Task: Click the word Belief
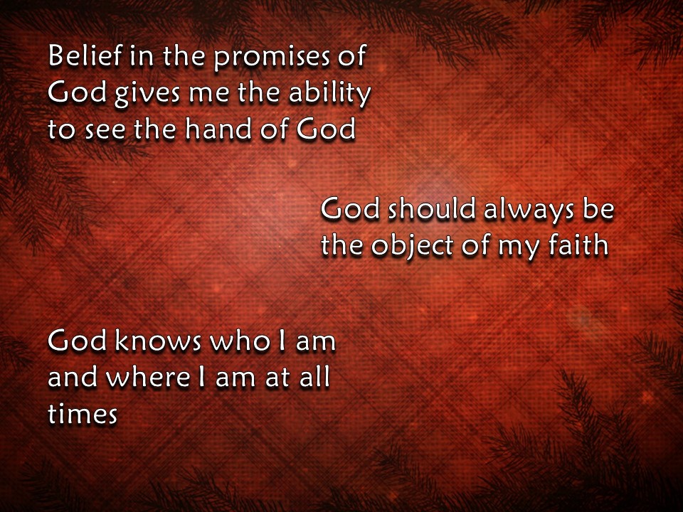click(x=79, y=57)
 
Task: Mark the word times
click(x=82, y=414)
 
